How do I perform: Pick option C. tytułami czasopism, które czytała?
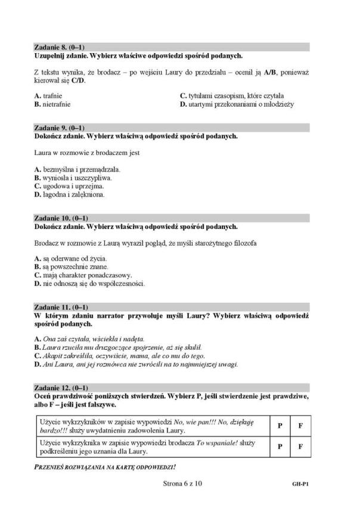coord(231,95)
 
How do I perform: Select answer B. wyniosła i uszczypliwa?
coord(73,178)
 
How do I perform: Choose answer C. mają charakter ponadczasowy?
coord(83,275)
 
